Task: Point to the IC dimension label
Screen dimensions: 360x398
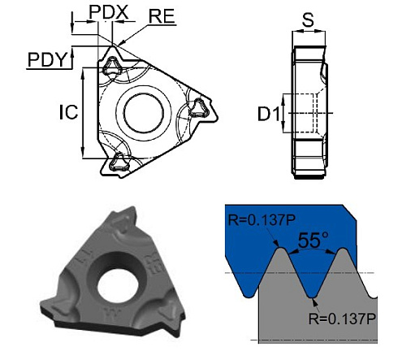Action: click(x=67, y=112)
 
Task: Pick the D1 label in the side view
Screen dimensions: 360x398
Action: click(x=269, y=115)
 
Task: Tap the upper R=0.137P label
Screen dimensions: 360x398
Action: click(x=255, y=218)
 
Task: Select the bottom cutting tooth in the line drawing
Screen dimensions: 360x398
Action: click(x=120, y=160)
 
